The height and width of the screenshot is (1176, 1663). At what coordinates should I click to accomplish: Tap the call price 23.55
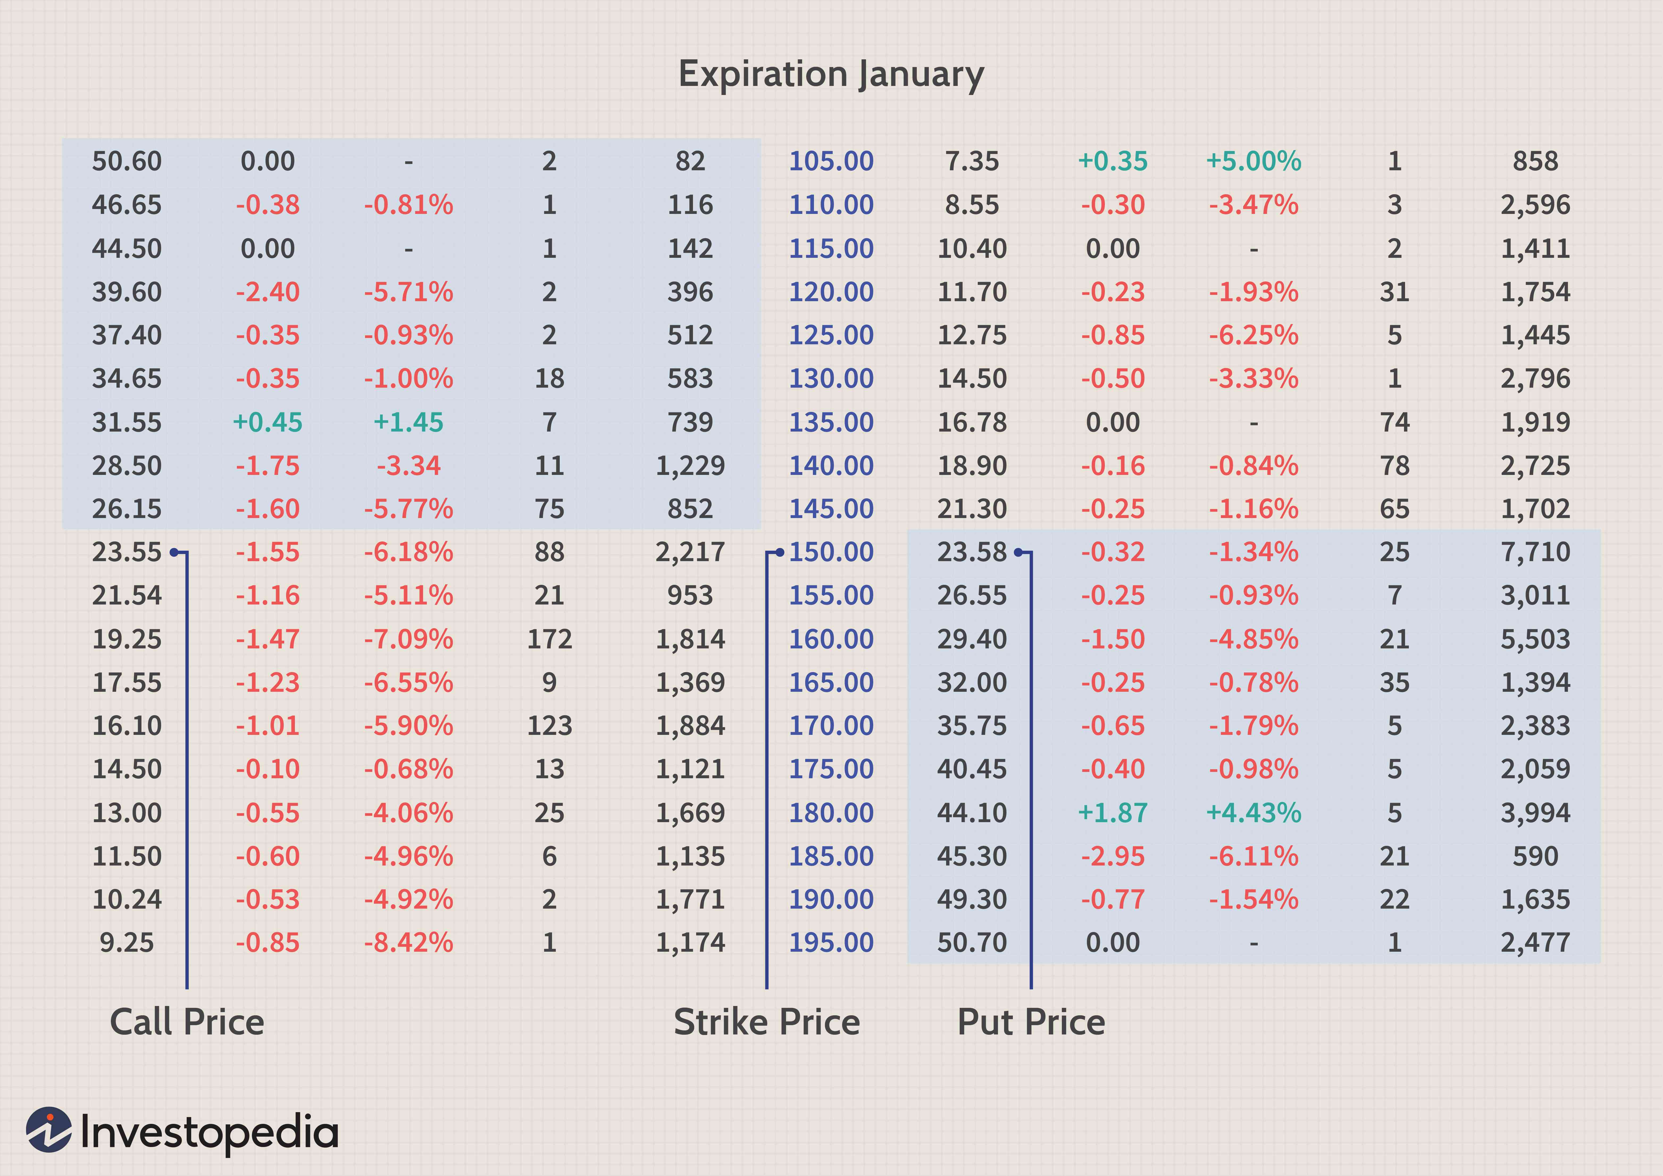pyautogui.click(x=127, y=552)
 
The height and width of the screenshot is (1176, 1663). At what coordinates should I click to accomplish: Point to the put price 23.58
pyautogui.click(x=971, y=552)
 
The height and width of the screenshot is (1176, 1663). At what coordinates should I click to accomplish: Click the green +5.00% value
pyautogui.click(x=1253, y=161)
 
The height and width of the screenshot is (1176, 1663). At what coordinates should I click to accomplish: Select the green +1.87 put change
pyautogui.click(x=1113, y=812)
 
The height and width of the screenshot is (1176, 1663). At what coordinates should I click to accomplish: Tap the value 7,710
pyautogui.click(x=1535, y=552)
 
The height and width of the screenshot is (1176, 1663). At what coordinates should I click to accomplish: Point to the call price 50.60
pyautogui.click(x=127, y=161)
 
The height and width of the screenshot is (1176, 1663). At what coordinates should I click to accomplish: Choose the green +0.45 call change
pyautogui.click(x=267, y=422)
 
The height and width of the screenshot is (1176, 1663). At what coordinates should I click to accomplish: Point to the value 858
pyautogui.click(x=1535, y=161)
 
